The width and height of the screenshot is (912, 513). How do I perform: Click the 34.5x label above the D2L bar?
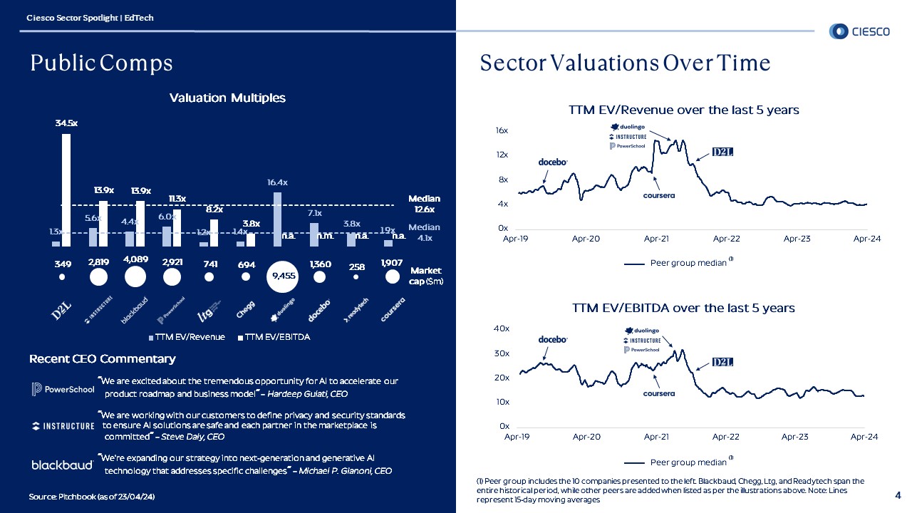(66, 123)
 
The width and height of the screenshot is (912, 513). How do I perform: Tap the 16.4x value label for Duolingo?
(278, 182)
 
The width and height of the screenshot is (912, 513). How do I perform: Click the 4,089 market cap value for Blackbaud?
(135, 259)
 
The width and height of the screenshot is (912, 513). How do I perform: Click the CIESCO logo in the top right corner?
(859, 31)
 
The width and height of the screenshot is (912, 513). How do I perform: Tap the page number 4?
(897, 494)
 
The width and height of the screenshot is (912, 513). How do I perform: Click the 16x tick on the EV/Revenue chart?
(502, 131)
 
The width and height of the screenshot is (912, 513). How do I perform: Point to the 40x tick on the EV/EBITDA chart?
(502, 328)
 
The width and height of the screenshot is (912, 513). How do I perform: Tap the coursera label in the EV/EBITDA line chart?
(658, 393)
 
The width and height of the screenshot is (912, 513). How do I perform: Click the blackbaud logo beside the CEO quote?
(62, 465)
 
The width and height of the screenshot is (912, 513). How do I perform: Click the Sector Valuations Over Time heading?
(625, 63)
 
